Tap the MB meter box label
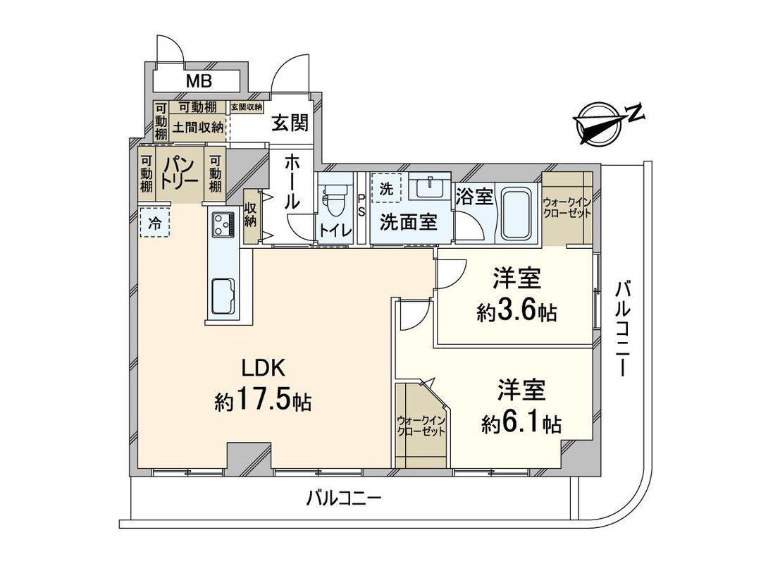[199, 81]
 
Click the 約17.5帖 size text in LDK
[263, 401]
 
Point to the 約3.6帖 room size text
[516, 312]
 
